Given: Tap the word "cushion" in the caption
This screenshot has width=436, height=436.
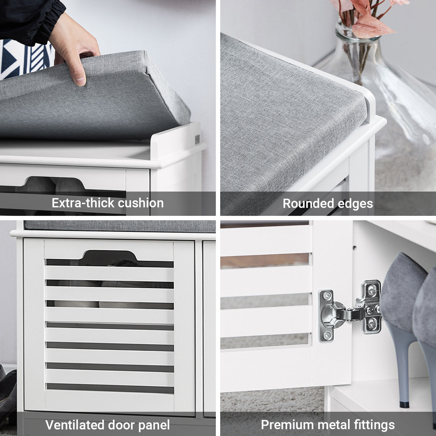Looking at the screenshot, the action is pyautogui.click(x=141, y=203).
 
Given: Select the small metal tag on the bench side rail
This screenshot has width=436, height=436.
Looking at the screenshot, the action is pyautogui.click(x=197, y=140).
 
